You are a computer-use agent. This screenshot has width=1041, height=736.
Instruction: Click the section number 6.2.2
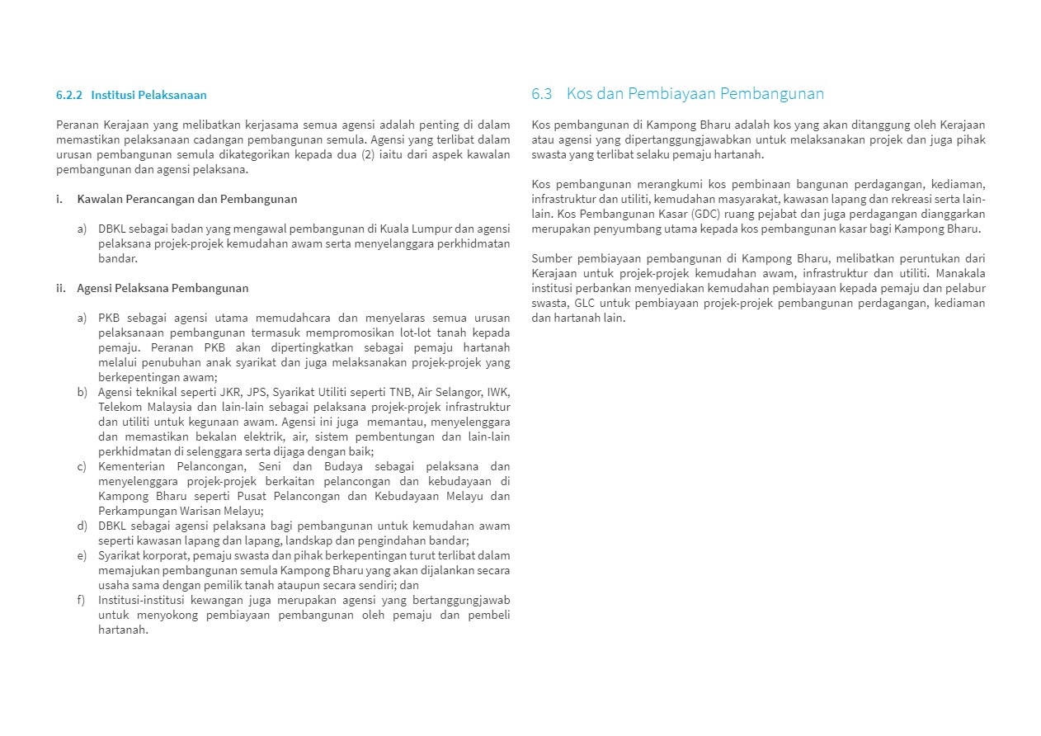(x=69, y=95)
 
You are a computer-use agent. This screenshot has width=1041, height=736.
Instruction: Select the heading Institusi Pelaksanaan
(x=148, y=95)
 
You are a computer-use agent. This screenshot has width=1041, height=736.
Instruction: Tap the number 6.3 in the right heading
(x=542, y=93)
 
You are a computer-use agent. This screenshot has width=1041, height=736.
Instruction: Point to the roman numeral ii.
(x=60, y=288)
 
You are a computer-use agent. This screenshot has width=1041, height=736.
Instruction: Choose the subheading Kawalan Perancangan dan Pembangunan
(x=187, y=199)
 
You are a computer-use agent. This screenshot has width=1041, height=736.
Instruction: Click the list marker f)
(x=82, y=600)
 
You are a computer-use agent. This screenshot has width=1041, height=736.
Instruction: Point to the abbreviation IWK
(x=498, y=392)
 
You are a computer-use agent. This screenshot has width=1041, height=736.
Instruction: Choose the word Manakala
(x=960, y=273)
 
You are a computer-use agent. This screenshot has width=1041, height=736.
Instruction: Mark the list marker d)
(x=82, y=526)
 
